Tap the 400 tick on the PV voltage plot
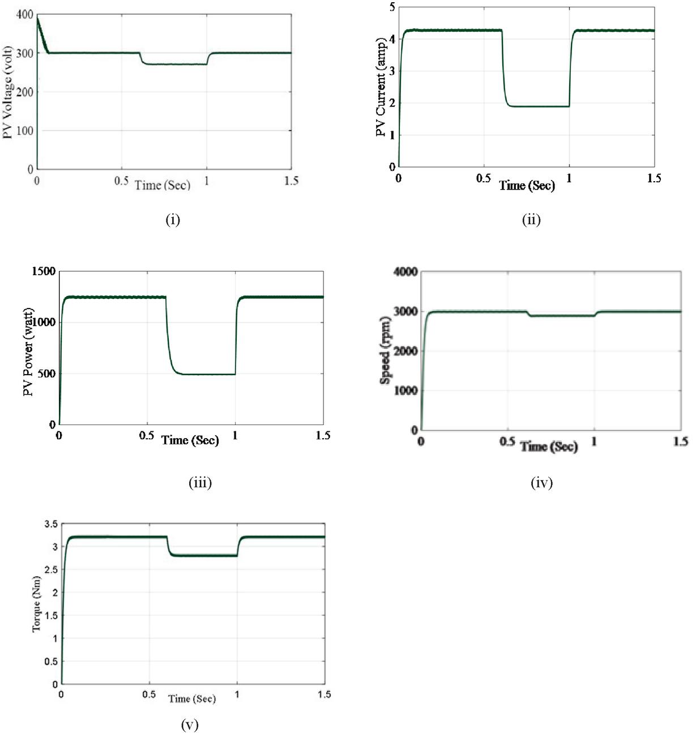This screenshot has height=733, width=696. point(24,15)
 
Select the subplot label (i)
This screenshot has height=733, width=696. point(173,220)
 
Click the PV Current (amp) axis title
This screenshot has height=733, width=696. point(381,88)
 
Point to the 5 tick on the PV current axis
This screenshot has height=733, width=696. point(392,7)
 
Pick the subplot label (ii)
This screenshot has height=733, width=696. point(531,220)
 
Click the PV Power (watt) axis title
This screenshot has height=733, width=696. point(28,352)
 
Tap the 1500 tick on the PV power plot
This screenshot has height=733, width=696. point(44,272)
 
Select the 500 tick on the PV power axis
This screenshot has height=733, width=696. point(46,374)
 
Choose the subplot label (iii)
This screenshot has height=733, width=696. point(200,483)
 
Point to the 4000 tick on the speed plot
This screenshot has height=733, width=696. point(405,272)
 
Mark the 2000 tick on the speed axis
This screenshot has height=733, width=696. point(405,351)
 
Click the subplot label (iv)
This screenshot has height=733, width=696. point(541,483)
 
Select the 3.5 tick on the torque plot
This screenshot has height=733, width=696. point(51,524)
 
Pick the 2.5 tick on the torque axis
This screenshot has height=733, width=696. point(51,570)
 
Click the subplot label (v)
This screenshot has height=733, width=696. point(190,725)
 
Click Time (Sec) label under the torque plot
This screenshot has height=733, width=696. point(192,699)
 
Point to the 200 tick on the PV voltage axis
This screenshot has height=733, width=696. point(24,92)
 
